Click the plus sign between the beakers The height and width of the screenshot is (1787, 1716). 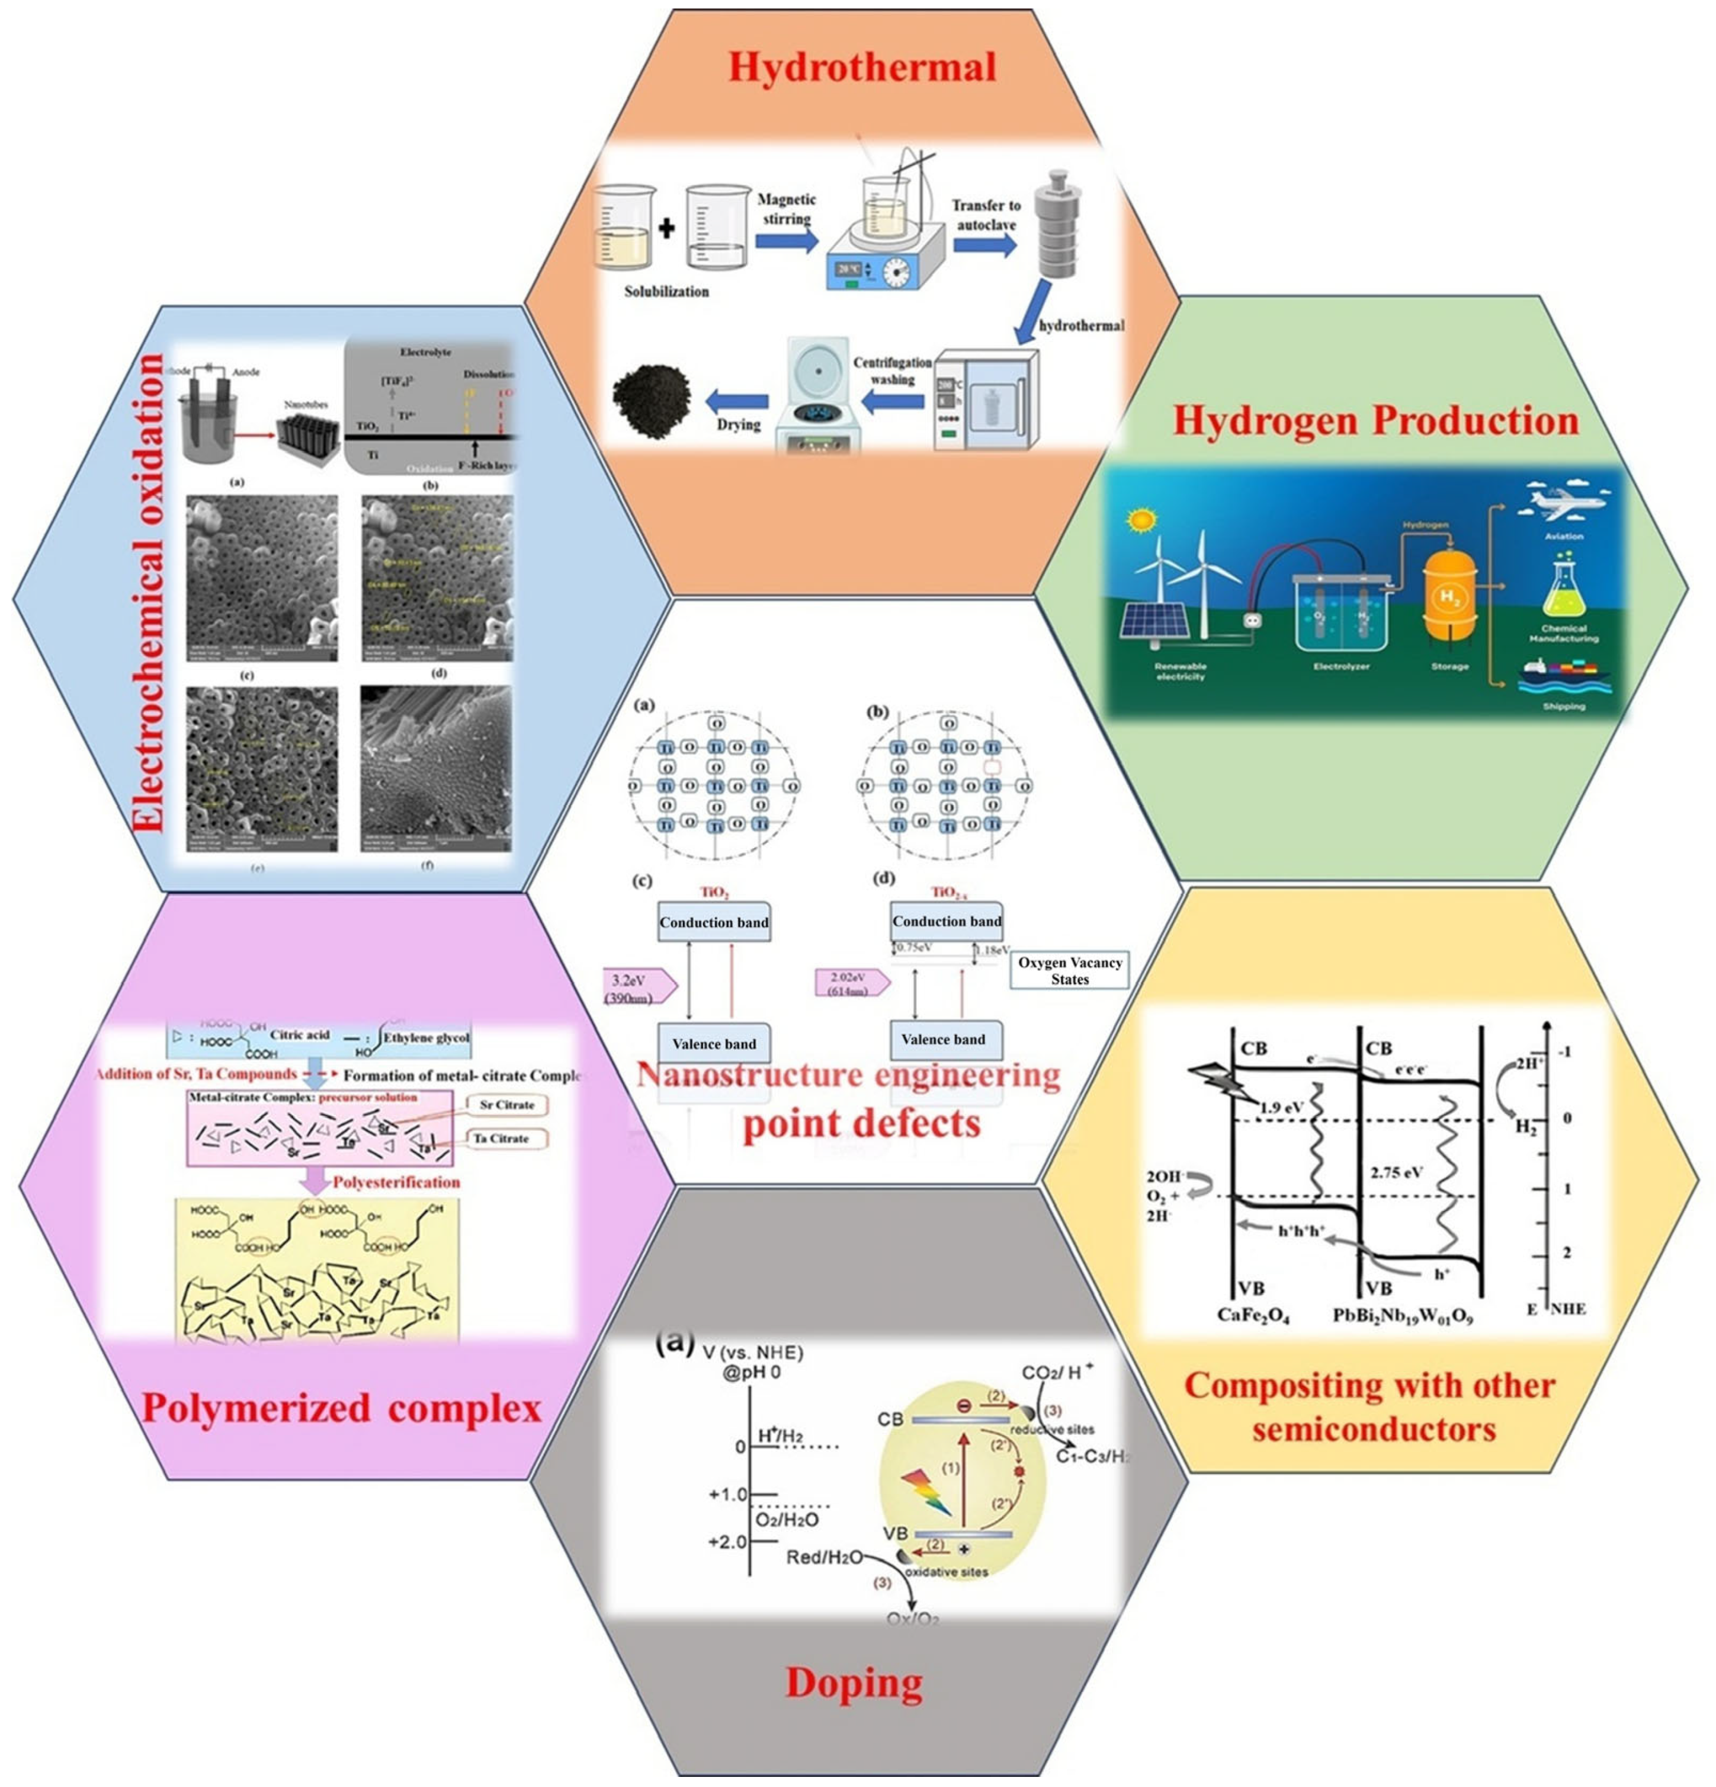666,228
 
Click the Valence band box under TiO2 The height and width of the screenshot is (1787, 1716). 714,1044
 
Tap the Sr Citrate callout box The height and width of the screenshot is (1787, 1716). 506,1104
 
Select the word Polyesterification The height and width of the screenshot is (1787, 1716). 396,1182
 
